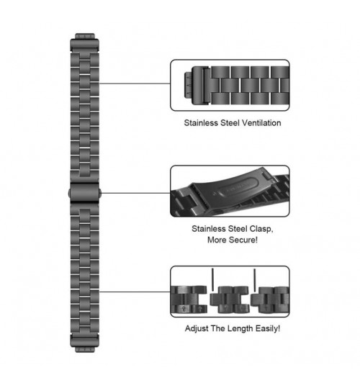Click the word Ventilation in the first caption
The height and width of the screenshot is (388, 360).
(x=261, y=123)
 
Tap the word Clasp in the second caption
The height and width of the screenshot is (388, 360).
(x=261, y=229)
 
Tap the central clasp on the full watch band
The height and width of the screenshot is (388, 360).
(x=85, y=193)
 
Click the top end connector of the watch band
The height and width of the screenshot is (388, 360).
(x=85, y=42)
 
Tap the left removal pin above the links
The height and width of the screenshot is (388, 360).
(x=212, y=279)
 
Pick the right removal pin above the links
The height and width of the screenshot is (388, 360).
(x=255, y=279)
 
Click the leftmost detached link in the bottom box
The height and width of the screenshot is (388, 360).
(x=189, y=299)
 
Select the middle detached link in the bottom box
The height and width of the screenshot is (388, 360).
(x=230, y=299)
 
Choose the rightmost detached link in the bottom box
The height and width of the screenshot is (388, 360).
(x=270, y=299)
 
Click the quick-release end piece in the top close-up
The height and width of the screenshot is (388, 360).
(x=197, y=86)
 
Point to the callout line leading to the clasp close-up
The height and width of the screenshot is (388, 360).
(x=135, y=193)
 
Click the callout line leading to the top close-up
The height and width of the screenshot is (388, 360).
(x=135, y=84)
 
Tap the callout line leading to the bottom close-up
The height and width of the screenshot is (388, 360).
(x=135, y=292)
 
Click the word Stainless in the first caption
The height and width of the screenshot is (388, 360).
(x=201, y=123)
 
